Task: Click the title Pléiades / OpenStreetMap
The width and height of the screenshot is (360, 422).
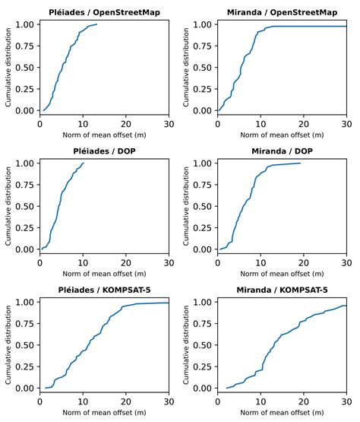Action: tap(104, 12)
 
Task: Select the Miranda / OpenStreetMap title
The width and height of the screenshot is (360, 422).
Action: tap(282, 12)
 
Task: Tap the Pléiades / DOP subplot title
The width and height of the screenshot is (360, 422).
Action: tap(104, 151)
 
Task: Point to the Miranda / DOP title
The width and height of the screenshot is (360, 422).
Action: tap(282, 151)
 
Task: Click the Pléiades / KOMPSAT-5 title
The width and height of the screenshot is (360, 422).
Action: tap(104, 290)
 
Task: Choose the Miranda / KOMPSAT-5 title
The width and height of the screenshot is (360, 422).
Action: tap(282, 290)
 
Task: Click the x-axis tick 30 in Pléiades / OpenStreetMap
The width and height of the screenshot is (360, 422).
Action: tap(168, 124)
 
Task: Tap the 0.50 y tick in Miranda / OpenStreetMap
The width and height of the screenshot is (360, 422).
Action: tap(202, 67)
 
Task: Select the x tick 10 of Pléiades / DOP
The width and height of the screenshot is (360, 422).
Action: tap(83, 263)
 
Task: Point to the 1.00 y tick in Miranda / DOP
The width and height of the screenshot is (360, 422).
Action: tap(202, 163)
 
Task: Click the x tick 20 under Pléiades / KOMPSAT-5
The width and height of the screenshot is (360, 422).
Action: tap(125, 402)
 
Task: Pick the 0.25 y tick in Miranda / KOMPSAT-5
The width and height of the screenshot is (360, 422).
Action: tap(202, 366)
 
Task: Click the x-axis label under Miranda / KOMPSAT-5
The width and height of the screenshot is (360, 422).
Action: tap(282, 414)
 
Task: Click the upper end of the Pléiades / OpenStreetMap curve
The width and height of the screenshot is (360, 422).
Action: tap(96, 24)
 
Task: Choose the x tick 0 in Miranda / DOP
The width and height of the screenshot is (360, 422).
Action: tap(218, 263)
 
